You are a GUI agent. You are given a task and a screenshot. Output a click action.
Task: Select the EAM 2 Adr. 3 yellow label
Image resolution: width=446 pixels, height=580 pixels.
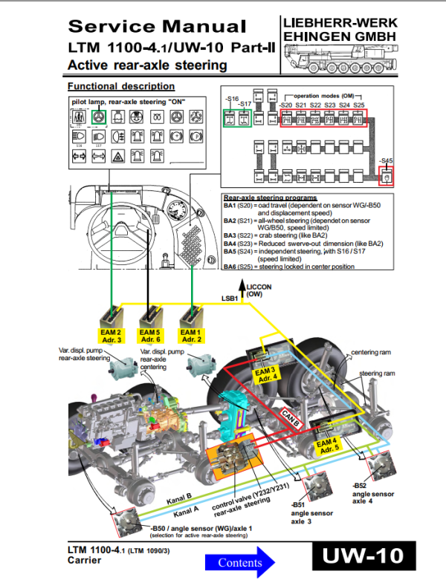pyautogui.click(x=110, y=334)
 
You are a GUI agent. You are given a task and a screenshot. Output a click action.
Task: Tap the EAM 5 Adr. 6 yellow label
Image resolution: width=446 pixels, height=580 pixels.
pyautogui.click(x=151, y=334)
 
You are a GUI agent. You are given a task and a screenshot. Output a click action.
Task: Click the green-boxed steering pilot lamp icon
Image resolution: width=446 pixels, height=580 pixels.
pyautogui.click(x=97, y=117)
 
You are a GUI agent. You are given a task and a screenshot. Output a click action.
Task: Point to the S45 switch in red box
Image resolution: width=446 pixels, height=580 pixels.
pyautogui.click(x=386, y=176)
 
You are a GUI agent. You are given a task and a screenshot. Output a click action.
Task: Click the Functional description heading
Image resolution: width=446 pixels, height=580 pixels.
pyautogui.click(x=120, y=86)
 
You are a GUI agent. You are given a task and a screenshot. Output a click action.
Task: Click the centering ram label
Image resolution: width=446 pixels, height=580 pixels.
pyautogui.click(x=372, y=348)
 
